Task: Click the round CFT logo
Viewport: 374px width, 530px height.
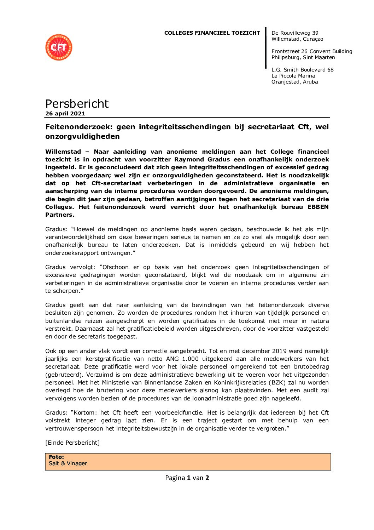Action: point(59,47)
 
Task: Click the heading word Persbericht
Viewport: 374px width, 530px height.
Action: point(77,104)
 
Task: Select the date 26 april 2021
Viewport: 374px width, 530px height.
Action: point(65,114)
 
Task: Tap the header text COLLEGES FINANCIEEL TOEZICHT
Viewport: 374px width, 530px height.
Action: point(212,33)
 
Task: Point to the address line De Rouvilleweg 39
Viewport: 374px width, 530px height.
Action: point(295,33)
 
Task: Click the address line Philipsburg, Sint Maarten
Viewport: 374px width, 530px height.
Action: point(303,57)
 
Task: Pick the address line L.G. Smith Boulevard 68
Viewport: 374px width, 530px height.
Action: point(302,70)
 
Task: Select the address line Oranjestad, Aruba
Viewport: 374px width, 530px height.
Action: point(294,82)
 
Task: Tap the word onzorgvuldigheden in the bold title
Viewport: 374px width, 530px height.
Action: point(82,136)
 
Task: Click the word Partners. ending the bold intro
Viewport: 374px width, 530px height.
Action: point(60,215)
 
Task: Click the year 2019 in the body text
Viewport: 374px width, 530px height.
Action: point(279,351)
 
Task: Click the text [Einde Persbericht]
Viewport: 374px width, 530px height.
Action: point(72,443)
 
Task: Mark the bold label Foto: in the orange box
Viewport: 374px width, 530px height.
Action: point(56,457)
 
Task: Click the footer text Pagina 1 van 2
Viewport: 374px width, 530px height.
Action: point(187,478)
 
